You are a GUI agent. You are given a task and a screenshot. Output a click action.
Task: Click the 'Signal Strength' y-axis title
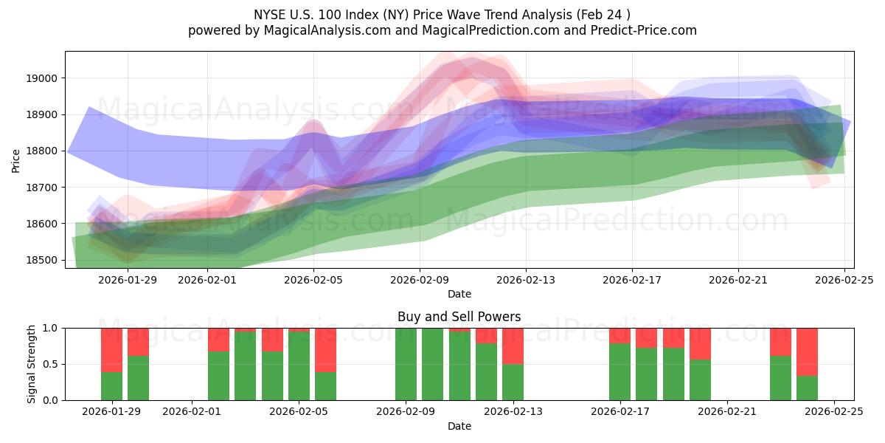click(x=31, y=364)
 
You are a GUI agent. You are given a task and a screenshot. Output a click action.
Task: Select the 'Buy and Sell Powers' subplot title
click(x=459, y=317)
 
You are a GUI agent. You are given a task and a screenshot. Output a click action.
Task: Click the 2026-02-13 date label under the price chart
click(x=526, y=280)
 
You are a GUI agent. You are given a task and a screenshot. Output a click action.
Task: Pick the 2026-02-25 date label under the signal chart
click(x=834, y=411)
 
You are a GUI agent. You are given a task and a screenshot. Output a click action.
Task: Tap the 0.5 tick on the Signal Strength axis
click(x=52, y=364)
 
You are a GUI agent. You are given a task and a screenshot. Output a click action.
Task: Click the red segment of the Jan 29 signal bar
click(x=111, y=349)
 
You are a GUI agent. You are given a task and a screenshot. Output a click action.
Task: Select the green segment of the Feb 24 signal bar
click(x=807, y=388)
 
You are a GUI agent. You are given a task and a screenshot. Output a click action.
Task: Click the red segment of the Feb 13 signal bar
click(x=513, y=346)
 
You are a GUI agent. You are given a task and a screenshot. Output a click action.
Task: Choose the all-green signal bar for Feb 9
click(x=406, y=364)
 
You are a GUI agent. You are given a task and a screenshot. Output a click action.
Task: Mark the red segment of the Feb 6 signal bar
click(x=325, y=349)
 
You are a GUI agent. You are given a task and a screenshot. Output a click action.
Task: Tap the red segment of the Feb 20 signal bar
click(x=700, y=343)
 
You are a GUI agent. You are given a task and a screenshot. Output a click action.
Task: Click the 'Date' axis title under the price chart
click(x=459, y=294)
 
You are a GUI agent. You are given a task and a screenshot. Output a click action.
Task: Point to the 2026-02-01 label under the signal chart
click(x=192, y=411)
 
